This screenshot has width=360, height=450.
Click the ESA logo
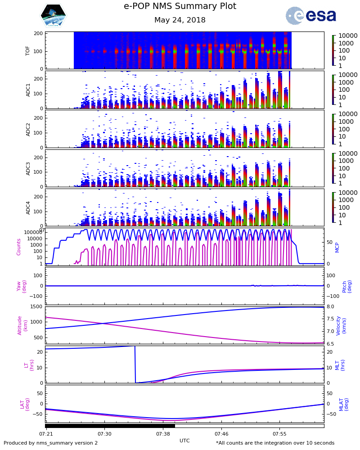coord(311,16)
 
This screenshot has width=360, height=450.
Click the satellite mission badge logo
coord(53,16)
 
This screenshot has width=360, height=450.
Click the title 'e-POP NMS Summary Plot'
coord(180,6)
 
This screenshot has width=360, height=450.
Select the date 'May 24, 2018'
coord(180,20)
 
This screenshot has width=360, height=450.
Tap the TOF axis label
coord(28,50)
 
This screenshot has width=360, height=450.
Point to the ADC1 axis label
coord(28,90)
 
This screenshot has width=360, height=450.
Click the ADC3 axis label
coord(28,168)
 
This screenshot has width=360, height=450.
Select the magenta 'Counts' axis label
coord(19,247)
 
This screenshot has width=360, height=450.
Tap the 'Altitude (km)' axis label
coord(22,325)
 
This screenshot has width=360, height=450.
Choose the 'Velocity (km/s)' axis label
coord(341,325)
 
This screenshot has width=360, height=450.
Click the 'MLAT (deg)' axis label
coord(343,404)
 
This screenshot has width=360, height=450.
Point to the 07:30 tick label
coord(104,434)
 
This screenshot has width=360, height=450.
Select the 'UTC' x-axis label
coord(184,441)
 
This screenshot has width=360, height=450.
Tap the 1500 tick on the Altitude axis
coord(36,307)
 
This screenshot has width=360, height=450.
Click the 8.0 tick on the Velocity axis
coord(330,307)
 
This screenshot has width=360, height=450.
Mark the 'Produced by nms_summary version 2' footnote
coord(51,443)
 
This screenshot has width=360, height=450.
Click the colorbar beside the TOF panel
coord(333,51)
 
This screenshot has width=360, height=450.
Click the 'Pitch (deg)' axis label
coord(347,286)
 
